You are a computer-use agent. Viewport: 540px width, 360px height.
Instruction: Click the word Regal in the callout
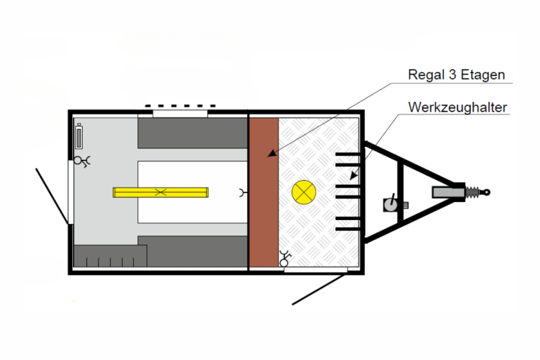pyautogui.click(x=423, y=75)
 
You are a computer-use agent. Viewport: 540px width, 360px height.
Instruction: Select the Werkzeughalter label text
pyautogui.click(x=457, y=106)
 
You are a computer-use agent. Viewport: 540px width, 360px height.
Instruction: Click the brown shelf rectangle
pyautogui.click(x=263, y=192)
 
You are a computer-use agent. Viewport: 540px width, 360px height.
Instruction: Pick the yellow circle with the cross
pyautogui.click(x=303, y=192)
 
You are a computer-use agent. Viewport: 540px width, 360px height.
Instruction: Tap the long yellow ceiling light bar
pyautogui.click(x=161, y=192)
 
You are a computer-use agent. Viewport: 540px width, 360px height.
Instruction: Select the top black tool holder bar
pyautogui.click(x=348, y=155)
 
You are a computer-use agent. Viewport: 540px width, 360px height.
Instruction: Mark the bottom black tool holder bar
pyautogui.click(x=348, y=223)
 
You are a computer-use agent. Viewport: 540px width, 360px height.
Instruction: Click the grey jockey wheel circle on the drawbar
pyautogui.click(x=390, y=205)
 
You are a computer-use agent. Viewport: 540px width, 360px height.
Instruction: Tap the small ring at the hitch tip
pyautogui.click(x=487, y=192)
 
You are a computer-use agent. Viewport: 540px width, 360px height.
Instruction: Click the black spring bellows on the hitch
pyautogui.click(x=473, y=192)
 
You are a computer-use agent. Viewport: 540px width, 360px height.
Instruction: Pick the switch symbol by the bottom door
pyautogui.click(x=284, y=260)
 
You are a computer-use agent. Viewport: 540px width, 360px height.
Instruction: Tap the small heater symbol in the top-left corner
pyautogui.click(x=79, y=136)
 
